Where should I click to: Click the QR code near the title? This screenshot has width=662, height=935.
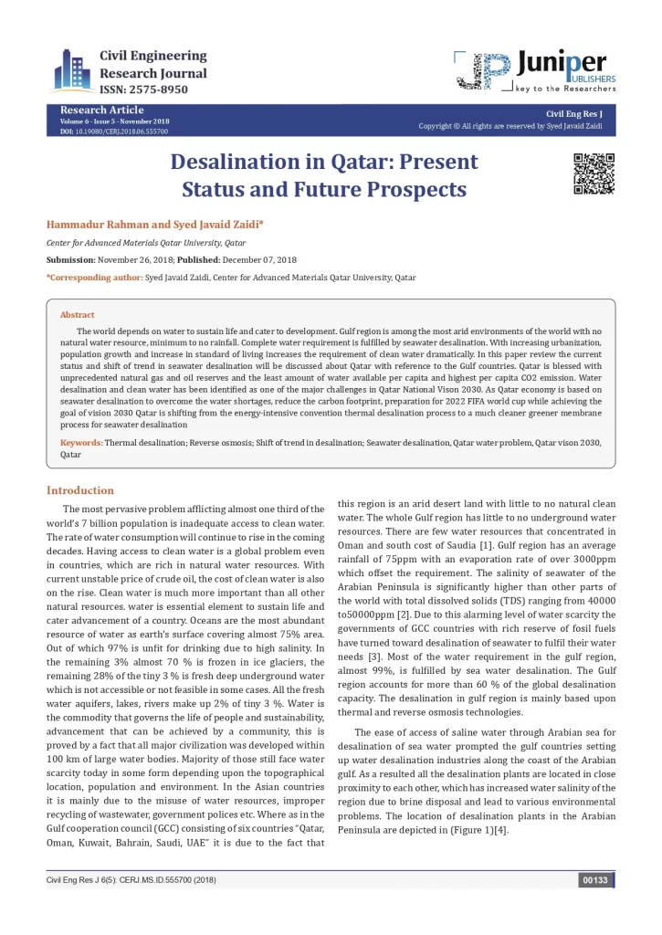click(x=593, y=173)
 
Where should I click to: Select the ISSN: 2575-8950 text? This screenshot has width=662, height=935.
click(x=144, y=89)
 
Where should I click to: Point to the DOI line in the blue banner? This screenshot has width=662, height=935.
click(x=113, y=131)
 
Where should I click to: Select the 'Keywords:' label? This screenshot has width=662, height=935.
click(x=81, y=442)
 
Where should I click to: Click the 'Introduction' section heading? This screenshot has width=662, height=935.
click(x=80, y=490)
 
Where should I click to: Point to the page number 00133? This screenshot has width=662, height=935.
click(x=594, y=880)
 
